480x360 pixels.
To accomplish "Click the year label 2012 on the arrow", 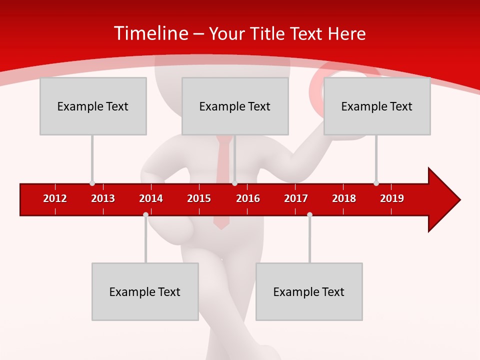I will click(55, 198).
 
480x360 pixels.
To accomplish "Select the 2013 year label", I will click(103, 198).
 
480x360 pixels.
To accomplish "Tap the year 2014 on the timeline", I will click(151, 198).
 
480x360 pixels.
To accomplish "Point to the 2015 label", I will click(199, 198).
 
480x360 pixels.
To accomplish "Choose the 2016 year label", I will click(248, 198).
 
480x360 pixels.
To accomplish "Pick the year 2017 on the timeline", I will click(296, 198).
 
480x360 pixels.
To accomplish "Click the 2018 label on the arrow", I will click(344, 198).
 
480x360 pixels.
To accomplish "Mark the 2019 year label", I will click(392, 198).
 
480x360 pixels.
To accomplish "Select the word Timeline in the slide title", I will click(151, 33).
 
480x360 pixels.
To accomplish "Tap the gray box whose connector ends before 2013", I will click(93, 106).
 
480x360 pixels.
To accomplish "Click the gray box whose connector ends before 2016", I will click(235, 106).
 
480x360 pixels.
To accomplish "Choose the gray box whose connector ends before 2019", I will click(377, 106).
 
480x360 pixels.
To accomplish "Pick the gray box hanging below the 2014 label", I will click(145, 291).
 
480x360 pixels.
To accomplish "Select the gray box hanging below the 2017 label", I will click(309, 291).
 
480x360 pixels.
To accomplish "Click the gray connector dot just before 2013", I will click(92, 183).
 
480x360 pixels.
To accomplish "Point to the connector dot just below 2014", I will click(145, 214).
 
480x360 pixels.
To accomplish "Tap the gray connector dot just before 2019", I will click(376, 183).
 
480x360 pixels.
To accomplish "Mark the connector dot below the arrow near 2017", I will click(309, 214).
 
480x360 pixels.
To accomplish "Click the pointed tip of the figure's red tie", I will click(221, 228).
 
